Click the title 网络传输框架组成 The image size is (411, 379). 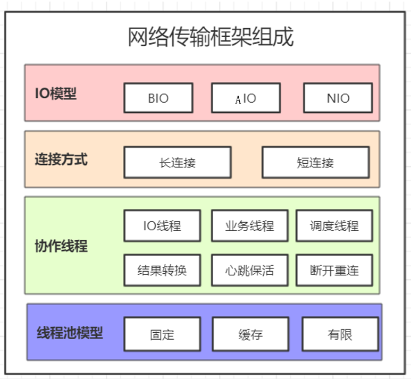(211, 38)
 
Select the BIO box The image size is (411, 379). (158, 98)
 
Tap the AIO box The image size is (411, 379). (245, 98)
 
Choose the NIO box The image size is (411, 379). (338, 98)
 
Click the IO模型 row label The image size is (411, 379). (56, 94)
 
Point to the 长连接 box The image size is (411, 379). (177, 163)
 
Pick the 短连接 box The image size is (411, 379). (315, 163)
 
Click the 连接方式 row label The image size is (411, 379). (61, 159)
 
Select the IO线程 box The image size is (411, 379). (162, 226)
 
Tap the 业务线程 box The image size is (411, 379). (249, 226)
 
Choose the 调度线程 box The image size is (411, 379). (334, 226)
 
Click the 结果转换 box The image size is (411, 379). (162, 270)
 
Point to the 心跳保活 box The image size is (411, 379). (249, 270)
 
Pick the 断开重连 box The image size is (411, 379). (334, 270)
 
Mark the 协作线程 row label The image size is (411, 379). (61, 246)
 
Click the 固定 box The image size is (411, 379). (162, 335)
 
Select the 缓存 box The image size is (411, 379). (250, 335)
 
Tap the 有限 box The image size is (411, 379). (340, 335)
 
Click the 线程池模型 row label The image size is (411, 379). (70, 333)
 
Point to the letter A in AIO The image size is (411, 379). (238, 100)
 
